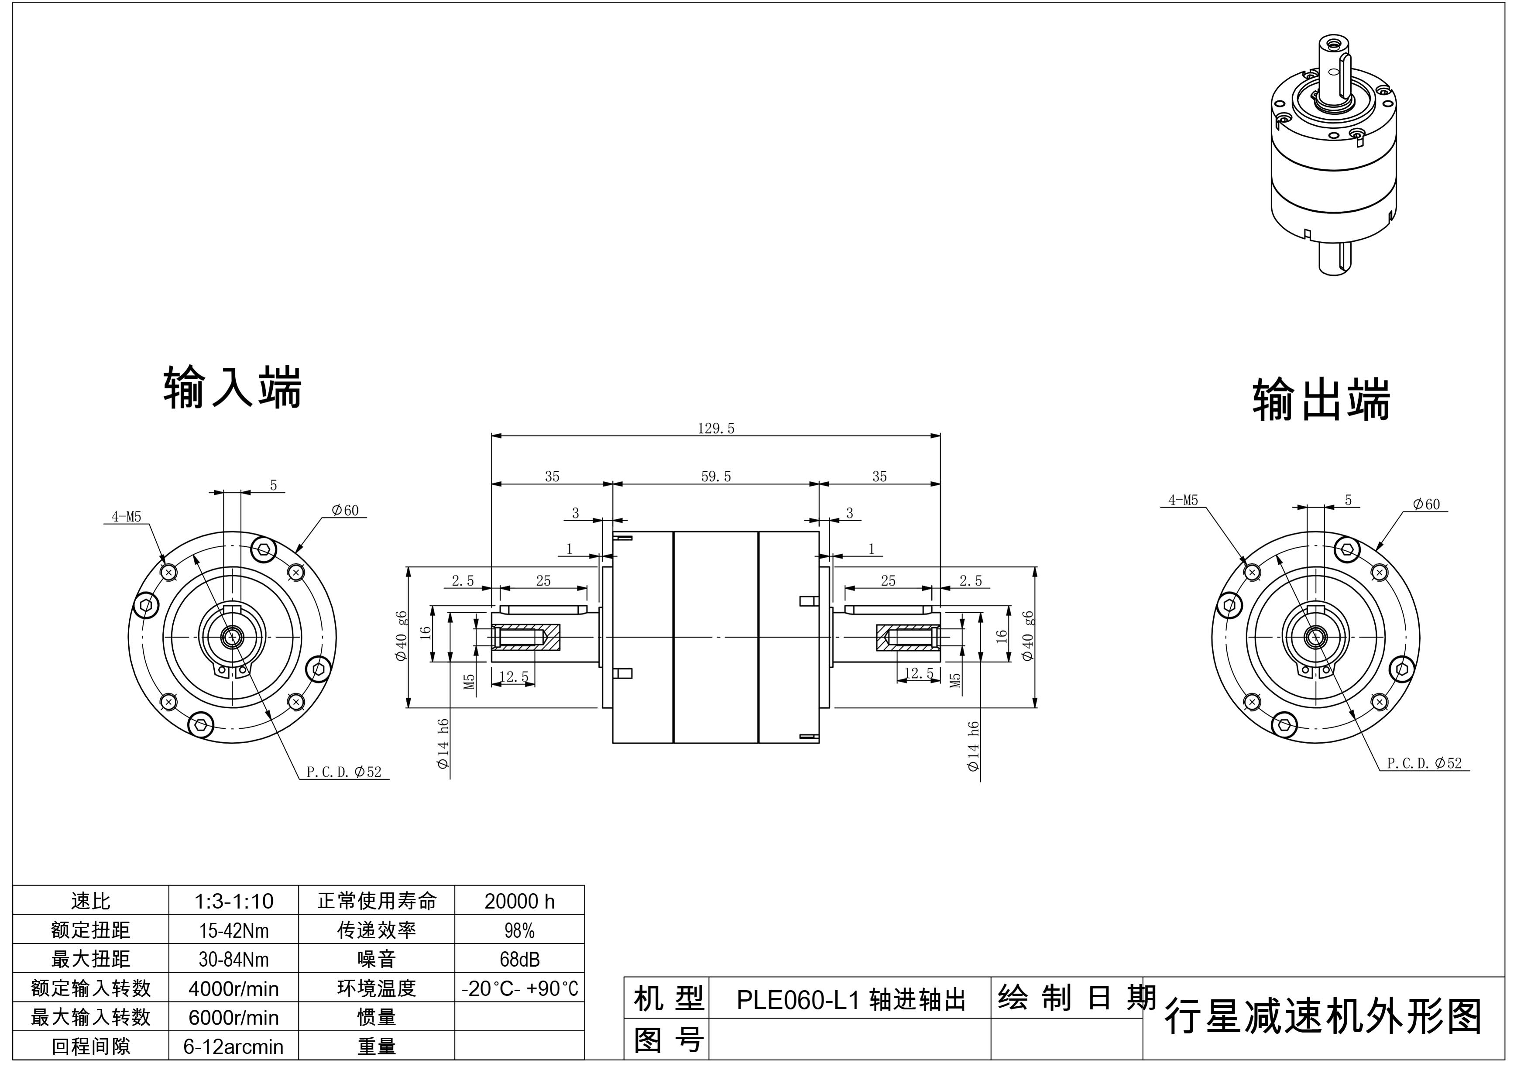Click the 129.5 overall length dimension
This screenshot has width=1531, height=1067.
[715, 429]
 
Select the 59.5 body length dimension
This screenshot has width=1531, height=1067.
[715, 477]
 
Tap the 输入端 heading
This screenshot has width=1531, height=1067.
[232, 387]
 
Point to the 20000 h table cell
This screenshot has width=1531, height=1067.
[519, 902]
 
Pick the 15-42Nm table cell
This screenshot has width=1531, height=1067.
[233, 930]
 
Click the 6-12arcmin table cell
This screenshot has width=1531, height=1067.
[233, 1047]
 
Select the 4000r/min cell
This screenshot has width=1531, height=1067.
[233, 988]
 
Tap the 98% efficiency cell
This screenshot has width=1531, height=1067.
[519, 930]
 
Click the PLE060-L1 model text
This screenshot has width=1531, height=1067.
[850, 1000]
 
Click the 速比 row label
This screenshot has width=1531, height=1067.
[91, 902]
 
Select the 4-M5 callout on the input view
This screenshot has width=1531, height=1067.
[126, 517]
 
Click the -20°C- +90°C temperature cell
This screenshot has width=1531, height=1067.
[519, 988]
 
